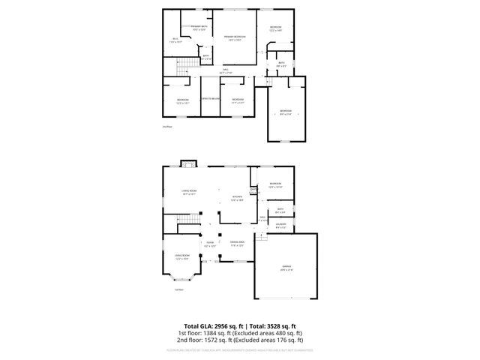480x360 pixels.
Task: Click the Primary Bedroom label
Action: tap(235, 37)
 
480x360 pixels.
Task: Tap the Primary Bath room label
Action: tap(198, 28)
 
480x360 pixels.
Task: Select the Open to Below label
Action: tap(210, 99)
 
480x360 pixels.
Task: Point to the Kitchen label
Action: tap(236, 199)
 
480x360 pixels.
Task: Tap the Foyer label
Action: tap(210, 244)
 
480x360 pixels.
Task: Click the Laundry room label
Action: tap(280, 225)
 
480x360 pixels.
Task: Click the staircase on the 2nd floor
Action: tap(184, 70)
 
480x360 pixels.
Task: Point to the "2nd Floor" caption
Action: tap(167, 127)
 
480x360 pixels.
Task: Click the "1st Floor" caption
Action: tap(179, 289)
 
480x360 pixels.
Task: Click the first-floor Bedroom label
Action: tap(276, 184)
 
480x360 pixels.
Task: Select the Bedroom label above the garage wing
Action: tap(286, 113)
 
